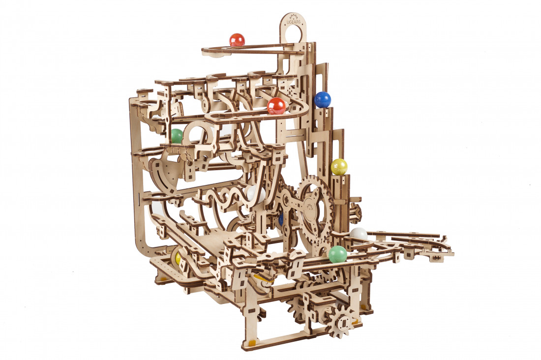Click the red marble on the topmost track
point(237,40)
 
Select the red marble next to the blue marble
point(276,106)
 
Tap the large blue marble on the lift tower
point(323,99)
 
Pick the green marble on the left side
point(176,136)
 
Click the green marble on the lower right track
point(337,254)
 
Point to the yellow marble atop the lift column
point(339,167)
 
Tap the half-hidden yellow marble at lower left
point(178,258)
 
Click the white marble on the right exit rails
point(359,234)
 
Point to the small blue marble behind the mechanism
point(280,219)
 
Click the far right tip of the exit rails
point(451,253)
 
